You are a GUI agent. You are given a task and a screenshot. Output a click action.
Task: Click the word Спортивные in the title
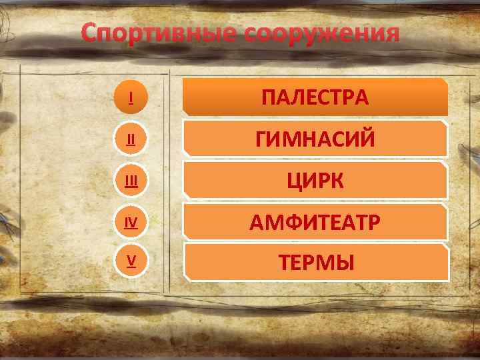coord(159,34)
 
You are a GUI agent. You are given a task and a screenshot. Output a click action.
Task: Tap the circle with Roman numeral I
coord(131,99)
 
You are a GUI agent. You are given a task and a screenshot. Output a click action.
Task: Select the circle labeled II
coord(131,139)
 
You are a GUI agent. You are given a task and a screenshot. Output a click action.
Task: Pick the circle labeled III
coord(131,181)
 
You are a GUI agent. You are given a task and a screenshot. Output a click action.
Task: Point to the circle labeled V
coord(131,261)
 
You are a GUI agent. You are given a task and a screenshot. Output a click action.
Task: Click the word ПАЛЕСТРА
coord(315,98)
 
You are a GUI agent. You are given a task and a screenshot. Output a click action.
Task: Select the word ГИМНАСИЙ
coord(315,139)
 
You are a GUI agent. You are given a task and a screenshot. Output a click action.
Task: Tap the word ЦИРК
coord(315,181)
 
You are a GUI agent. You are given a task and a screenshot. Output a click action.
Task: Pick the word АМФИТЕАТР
coord(315,222)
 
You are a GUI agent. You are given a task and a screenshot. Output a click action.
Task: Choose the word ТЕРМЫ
coord(316,263)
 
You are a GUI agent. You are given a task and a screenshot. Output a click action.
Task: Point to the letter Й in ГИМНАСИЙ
coord(366,139)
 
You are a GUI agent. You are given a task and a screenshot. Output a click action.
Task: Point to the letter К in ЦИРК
coord(337,181)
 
